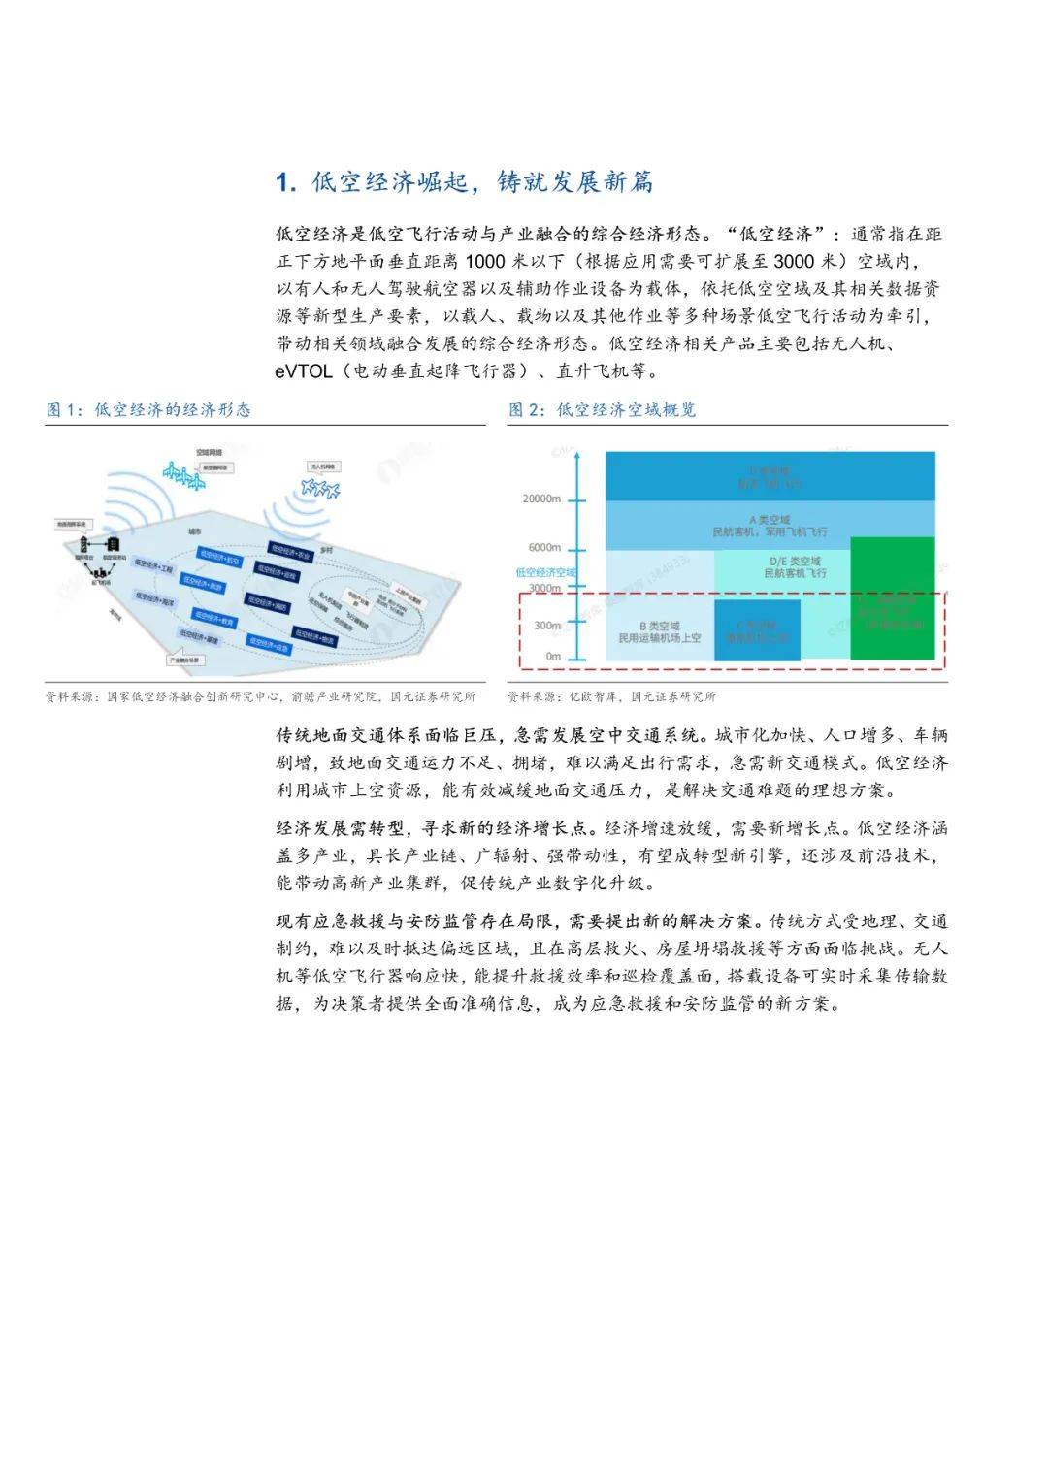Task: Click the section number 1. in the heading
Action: point(285,182)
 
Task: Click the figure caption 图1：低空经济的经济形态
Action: point(148,409)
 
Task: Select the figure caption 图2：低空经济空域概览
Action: point(602,409)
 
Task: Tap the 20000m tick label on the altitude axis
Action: point(541,499)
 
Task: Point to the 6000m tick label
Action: point(544,548)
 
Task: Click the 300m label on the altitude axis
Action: point(547,626)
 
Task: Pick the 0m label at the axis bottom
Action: point(552,657)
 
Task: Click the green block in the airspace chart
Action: point(892,598)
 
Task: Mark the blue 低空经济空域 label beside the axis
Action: point(544,572)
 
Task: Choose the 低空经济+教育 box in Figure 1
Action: point(215,618)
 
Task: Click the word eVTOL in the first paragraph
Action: point(303,371)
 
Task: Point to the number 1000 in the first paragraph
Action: point(486,262)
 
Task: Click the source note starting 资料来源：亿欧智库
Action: point(611,696)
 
